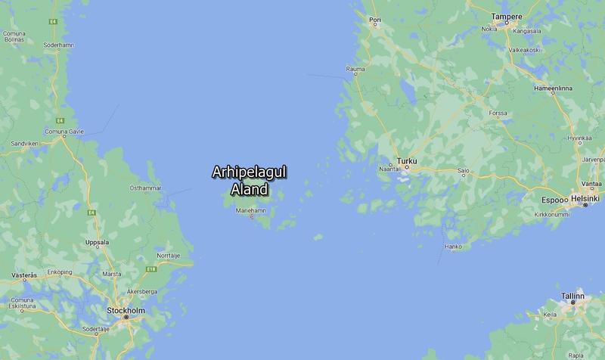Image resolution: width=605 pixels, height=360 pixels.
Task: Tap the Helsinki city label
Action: [x=585, y=198]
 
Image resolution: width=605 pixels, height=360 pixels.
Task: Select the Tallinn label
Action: [x=572, y=295]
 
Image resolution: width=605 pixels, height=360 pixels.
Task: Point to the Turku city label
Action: [x=407, y=162]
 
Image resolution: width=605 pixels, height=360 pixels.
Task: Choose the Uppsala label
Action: [x=98, y=243]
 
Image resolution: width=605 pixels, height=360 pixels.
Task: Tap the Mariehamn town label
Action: [x=251, y=209]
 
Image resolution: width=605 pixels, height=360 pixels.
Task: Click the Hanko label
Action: [x=453, y=247]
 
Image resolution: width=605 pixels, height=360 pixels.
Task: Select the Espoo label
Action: [x=554, y=199]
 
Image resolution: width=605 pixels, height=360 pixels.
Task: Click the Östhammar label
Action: [x=146, y=188]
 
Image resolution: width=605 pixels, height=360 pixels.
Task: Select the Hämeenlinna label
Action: [x=553, y=88]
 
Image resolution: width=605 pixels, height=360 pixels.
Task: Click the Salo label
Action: [x=463, y=171]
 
